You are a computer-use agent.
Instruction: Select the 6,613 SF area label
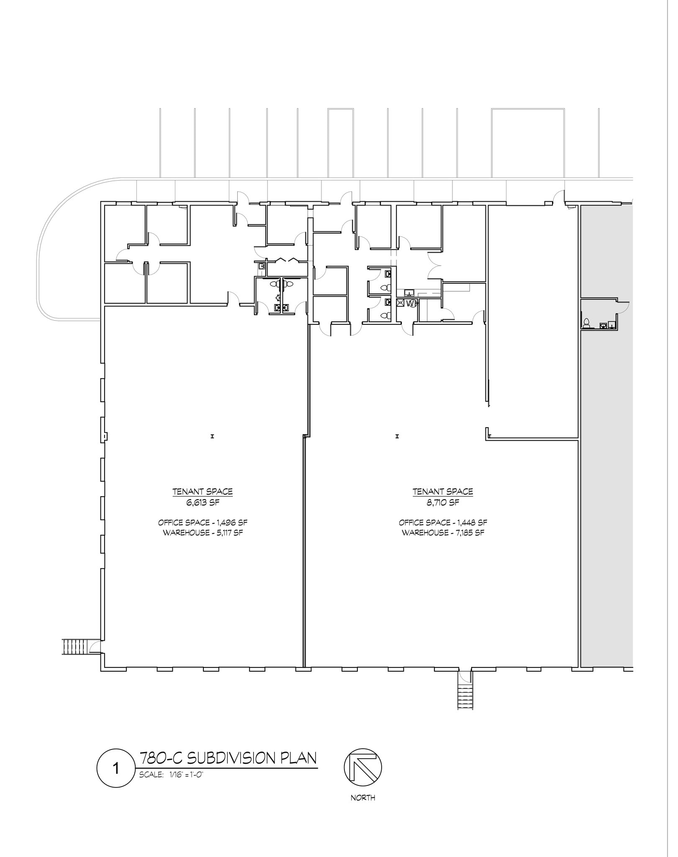[x=203, y=503]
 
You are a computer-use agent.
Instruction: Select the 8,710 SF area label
[x=443, y=503]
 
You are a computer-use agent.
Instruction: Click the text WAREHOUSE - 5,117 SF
[x=203, y=533]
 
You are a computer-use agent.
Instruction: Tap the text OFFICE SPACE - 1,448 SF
[x=443, y=523]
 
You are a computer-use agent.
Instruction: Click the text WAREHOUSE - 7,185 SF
[x=443, y=533]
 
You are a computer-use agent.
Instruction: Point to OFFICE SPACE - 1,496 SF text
[x=203, y=523]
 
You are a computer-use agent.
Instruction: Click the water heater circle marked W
[x=411, y=303]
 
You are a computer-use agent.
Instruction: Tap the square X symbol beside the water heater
[x=401, y=303]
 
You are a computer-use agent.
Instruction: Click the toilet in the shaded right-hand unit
[x=586, y=323]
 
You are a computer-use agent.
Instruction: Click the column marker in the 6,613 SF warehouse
[x=213, y=436]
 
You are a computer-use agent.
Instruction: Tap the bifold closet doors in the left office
[x=287, y=261]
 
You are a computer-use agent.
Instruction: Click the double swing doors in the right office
[x=434, y=266]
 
